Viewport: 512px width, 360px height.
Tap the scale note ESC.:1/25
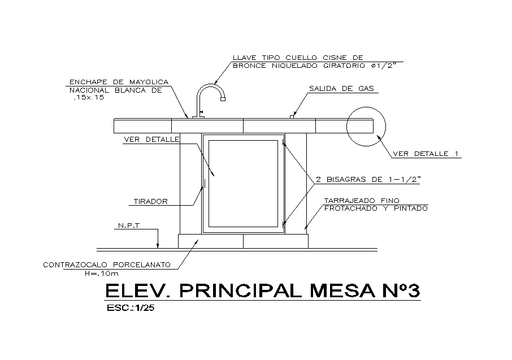tap(131, 309)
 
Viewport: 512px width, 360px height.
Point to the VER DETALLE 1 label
tap(427, 154)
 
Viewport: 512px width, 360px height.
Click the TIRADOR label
tap(151, 201)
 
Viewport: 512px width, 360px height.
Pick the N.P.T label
tap(129, 226)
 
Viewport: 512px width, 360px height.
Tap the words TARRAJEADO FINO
tap(362, 201)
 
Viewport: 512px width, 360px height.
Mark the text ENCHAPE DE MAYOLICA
tap(119, 81)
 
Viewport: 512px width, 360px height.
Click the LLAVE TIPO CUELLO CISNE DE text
tap(297, 57)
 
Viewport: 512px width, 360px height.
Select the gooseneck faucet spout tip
tap(223, 99)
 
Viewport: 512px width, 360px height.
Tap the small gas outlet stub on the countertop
tap(292, 116)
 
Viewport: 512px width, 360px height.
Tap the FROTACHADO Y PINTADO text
tap(375, 209)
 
